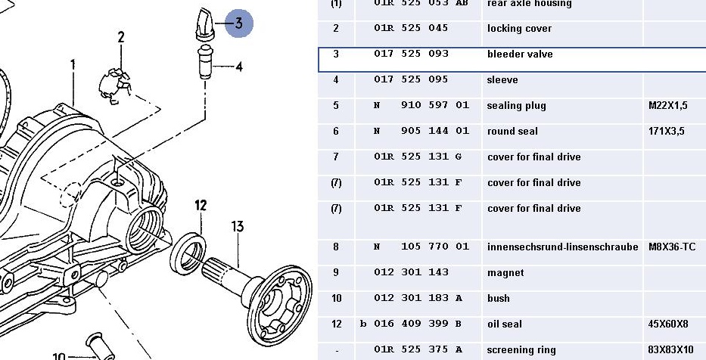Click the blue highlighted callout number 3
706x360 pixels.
pyautogui.click(x=238, y=23)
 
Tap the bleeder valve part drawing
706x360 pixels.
pyautogui.click(x=205, y=24)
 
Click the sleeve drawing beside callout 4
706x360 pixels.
pyautogui.click(x=205, y=62)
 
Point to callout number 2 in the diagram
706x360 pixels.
pyautogui.click(x=120, y=37)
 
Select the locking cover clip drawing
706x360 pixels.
pyautogui.click(x=115, y=85)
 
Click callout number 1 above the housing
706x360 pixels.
pyautogui.click(x=73, y=66)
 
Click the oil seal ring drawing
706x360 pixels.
pyautogui.click(x=188, y=253)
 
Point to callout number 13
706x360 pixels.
pyautogui.click(x=238, y=226)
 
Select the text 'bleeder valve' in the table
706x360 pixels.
pyautogui.click(x=520, y=54)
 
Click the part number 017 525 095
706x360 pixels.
pyautogui.click(x=411, y=79)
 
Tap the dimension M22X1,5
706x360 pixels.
pyautogui.click(x=668, y=106)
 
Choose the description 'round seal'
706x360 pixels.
pyautogui.click(x=512, y=132)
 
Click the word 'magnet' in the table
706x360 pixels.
pyautogui.click(x=505, y=273)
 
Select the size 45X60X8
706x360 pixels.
pyautogui.click(x=668, y=324)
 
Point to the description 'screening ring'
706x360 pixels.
pyautogui.click(x=521, y=350)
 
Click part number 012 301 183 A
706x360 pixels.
pyautogui.click(x=418, y=298)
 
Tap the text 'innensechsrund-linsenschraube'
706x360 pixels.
pyautogui.click(x=563, y=247)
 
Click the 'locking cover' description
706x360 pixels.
pyautogui.click(x=520, y=28)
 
